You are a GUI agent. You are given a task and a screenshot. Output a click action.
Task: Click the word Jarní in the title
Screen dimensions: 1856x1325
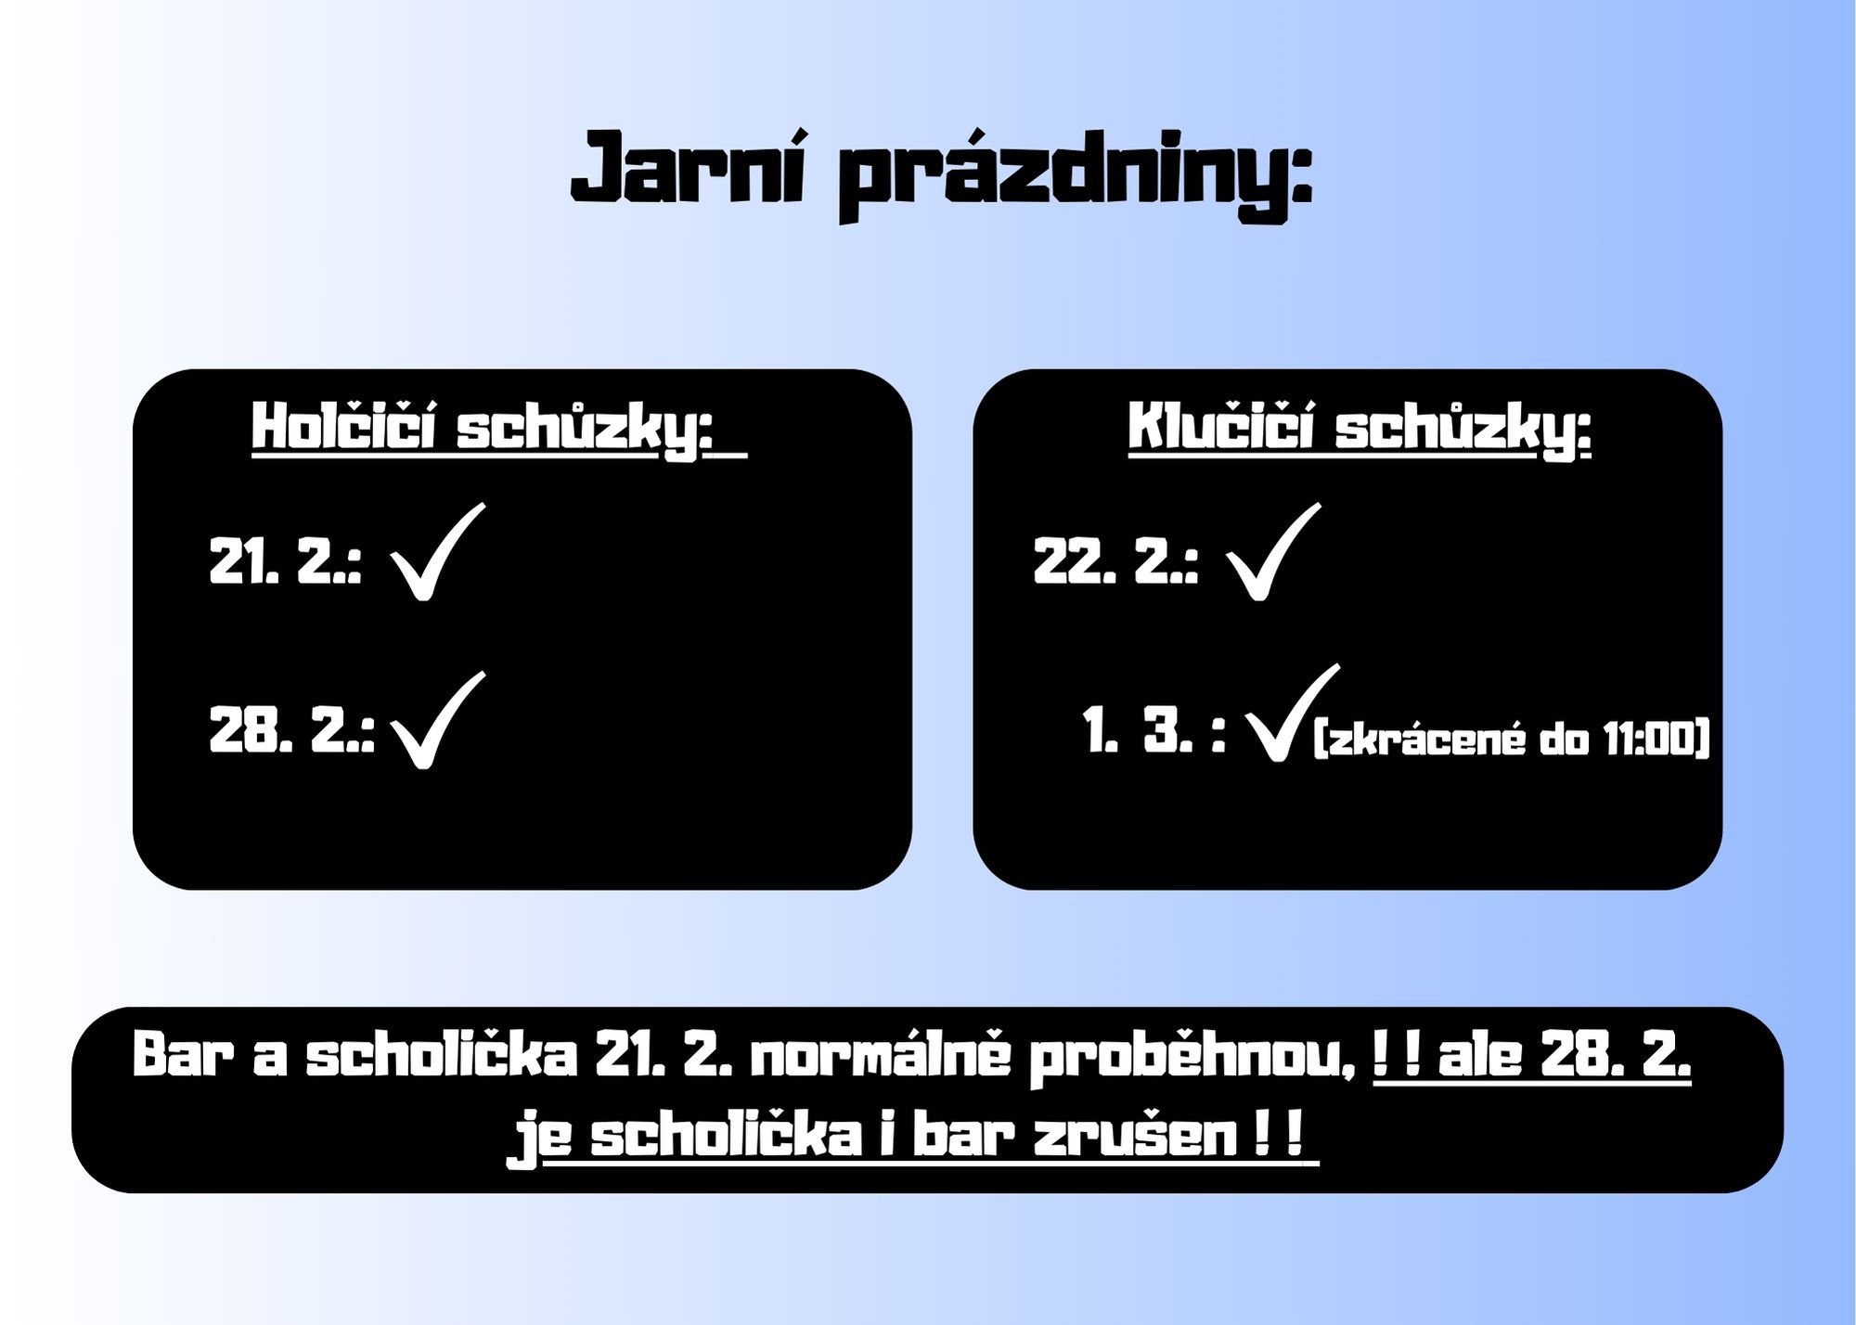pos(688,169)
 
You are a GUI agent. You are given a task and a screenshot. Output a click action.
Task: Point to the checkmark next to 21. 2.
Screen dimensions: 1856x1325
pos(437,551)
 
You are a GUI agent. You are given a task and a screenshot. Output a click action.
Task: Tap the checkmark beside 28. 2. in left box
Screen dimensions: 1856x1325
pos(437,720)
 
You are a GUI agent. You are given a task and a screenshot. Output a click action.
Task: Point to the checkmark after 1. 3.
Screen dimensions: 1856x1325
pos(1292,713)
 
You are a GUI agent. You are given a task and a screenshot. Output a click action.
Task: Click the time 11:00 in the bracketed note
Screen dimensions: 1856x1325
pos(1652,740)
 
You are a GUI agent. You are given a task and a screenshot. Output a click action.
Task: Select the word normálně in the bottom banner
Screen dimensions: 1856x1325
pos(880,1054)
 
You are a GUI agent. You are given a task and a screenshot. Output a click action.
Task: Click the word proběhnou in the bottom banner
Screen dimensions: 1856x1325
pos(1186,1057)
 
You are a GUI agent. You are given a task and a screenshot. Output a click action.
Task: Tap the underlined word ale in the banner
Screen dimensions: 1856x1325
pos(1480,1054)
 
